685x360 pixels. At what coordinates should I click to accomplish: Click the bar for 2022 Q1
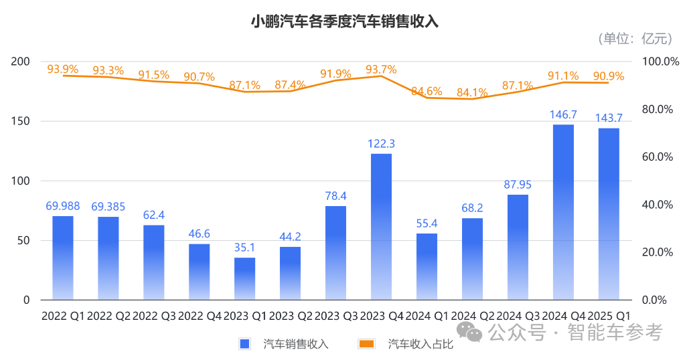click(62, 258)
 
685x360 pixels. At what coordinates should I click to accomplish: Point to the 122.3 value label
click(381, 143)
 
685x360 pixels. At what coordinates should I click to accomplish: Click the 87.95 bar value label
click(518, 184)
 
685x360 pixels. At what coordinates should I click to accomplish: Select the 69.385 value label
click(108, 207)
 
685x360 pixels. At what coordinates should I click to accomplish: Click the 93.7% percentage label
click(381, 69)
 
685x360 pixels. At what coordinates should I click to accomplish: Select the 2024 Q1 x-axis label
click(427, 315)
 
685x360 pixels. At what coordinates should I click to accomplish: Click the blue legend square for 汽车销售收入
click(244, 344)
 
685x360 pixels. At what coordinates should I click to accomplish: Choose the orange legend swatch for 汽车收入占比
click(366, 344)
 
